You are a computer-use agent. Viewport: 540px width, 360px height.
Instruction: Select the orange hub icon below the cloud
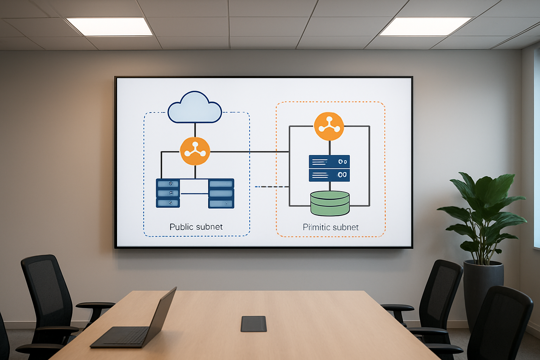tap(195, 151)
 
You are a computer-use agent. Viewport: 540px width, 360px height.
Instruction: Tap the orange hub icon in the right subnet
tap(329, 126)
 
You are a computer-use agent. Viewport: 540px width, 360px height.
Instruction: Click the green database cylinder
tap(330, 203)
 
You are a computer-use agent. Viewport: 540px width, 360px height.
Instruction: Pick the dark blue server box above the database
tap(329, 168)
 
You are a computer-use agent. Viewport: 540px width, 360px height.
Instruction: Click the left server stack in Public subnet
tap(168, 193)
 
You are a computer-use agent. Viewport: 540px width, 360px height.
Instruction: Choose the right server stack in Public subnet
tap(221, 193)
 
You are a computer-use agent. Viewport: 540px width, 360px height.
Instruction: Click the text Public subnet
tap(196, 227)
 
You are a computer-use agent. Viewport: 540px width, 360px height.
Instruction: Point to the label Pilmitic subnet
tap(330, 227)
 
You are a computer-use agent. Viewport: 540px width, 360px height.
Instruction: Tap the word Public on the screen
tap(182, 227)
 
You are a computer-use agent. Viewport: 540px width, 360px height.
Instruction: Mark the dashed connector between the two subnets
tap(271, 187)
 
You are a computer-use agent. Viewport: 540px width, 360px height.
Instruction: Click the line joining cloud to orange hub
tap(195, 130)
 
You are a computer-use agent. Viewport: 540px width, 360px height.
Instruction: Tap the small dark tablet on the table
tap(253, 323)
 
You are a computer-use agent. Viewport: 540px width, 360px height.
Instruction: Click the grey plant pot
tap(483, 288)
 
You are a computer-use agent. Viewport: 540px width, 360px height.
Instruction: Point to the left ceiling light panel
tap(110, 27)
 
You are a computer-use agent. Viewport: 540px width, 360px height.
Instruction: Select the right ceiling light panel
tap(425, 27)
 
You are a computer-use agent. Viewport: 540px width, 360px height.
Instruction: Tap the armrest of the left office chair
tap(95, 305)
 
